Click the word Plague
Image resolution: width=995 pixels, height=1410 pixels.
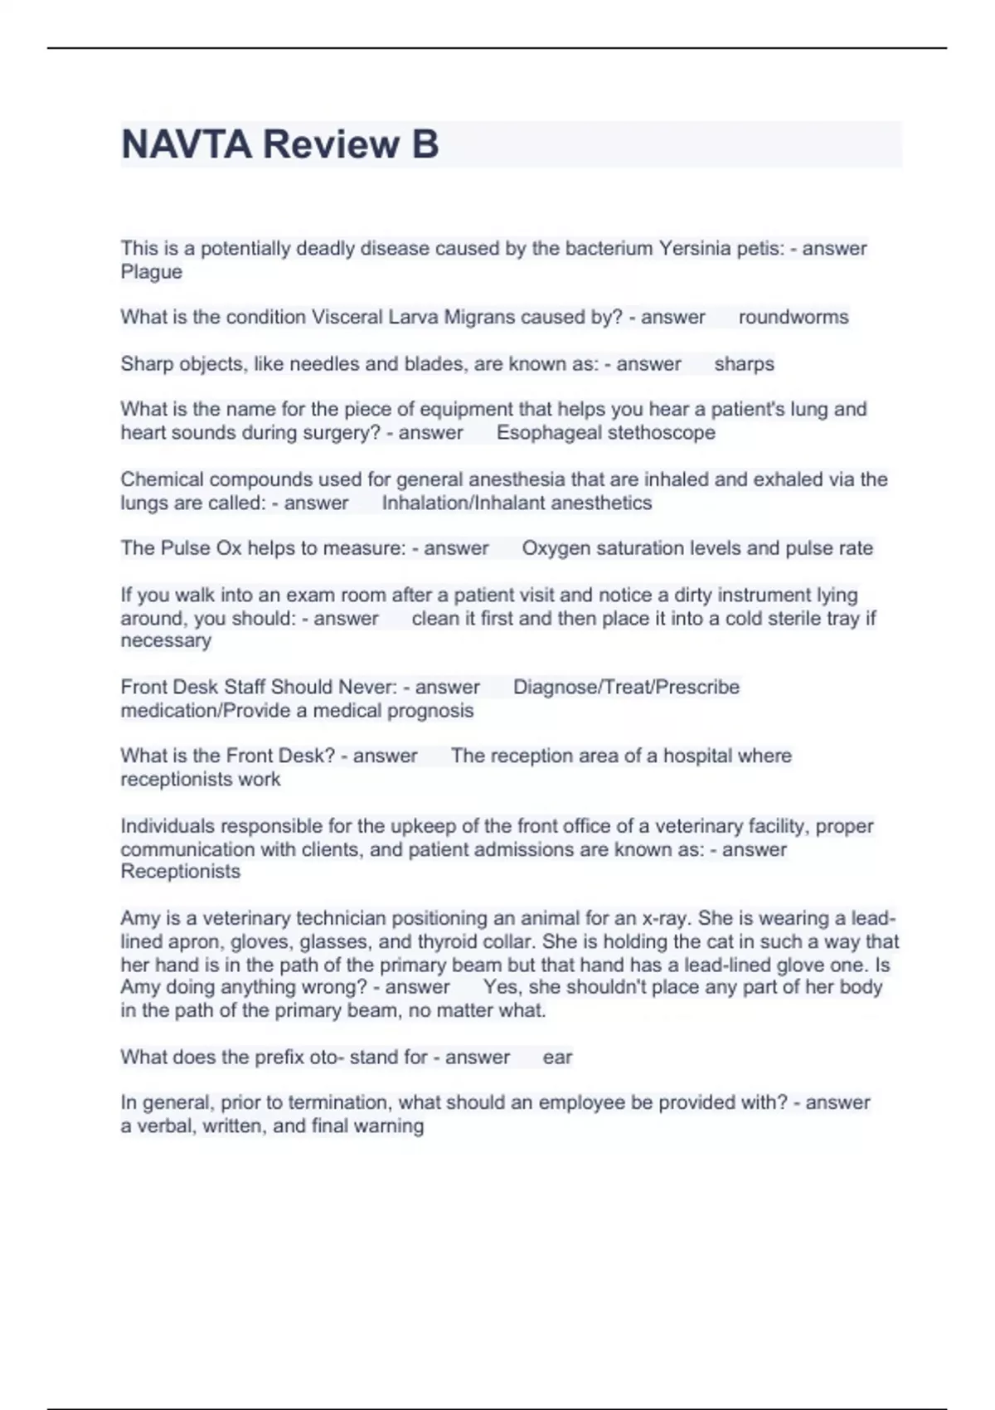pyautogui.click(x=151, y=272)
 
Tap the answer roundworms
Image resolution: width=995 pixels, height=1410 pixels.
pyautogui.click(x=794, y=318)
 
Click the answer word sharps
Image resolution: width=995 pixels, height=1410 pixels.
pyautogui.click(x=744, y=364)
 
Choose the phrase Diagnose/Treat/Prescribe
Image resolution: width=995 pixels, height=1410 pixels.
pyautogui.click(x=626, y=688)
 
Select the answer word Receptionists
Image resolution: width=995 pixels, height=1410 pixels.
pyautogui.click(x=180, y=872)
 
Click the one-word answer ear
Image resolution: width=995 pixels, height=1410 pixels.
pyautogui.click(x=557, y=1057)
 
